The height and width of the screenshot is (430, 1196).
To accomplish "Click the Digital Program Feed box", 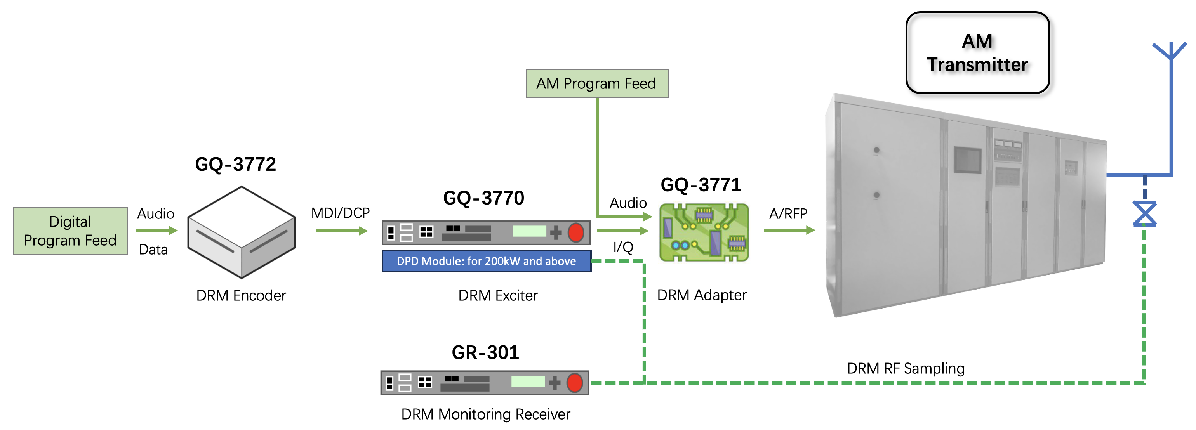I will [x=70, y=231].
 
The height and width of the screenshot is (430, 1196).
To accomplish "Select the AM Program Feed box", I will [x=596, y=83].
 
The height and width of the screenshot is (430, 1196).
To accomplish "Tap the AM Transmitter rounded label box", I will [x=977, y=53].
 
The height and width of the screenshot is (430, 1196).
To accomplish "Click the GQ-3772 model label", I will [x=235, y=164].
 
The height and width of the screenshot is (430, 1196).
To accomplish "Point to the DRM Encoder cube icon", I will [x=241, y=232].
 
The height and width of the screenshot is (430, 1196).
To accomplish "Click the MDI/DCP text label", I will [x=340, y=213].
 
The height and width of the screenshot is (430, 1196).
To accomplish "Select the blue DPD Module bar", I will [x=486, y=261].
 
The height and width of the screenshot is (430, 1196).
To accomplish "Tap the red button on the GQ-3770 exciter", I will [x=576, y=232].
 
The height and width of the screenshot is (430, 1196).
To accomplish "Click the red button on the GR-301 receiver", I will [x=574, y=383].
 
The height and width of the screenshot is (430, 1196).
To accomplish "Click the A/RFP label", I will [x=788, y=213].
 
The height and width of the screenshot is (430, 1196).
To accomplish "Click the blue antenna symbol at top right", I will [x=1170, y=51].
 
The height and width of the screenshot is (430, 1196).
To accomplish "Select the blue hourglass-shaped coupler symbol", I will [x=1144, y=214].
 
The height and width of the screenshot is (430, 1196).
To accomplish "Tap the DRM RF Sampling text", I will [x=906, y=368].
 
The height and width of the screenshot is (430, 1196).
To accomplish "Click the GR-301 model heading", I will [x=485, y=352].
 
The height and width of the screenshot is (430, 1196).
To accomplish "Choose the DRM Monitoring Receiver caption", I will [x=485, y=414].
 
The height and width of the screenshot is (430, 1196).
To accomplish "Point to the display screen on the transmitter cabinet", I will [x=968, y=160].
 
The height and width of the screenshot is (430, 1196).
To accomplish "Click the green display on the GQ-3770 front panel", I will [x=529, y=231].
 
